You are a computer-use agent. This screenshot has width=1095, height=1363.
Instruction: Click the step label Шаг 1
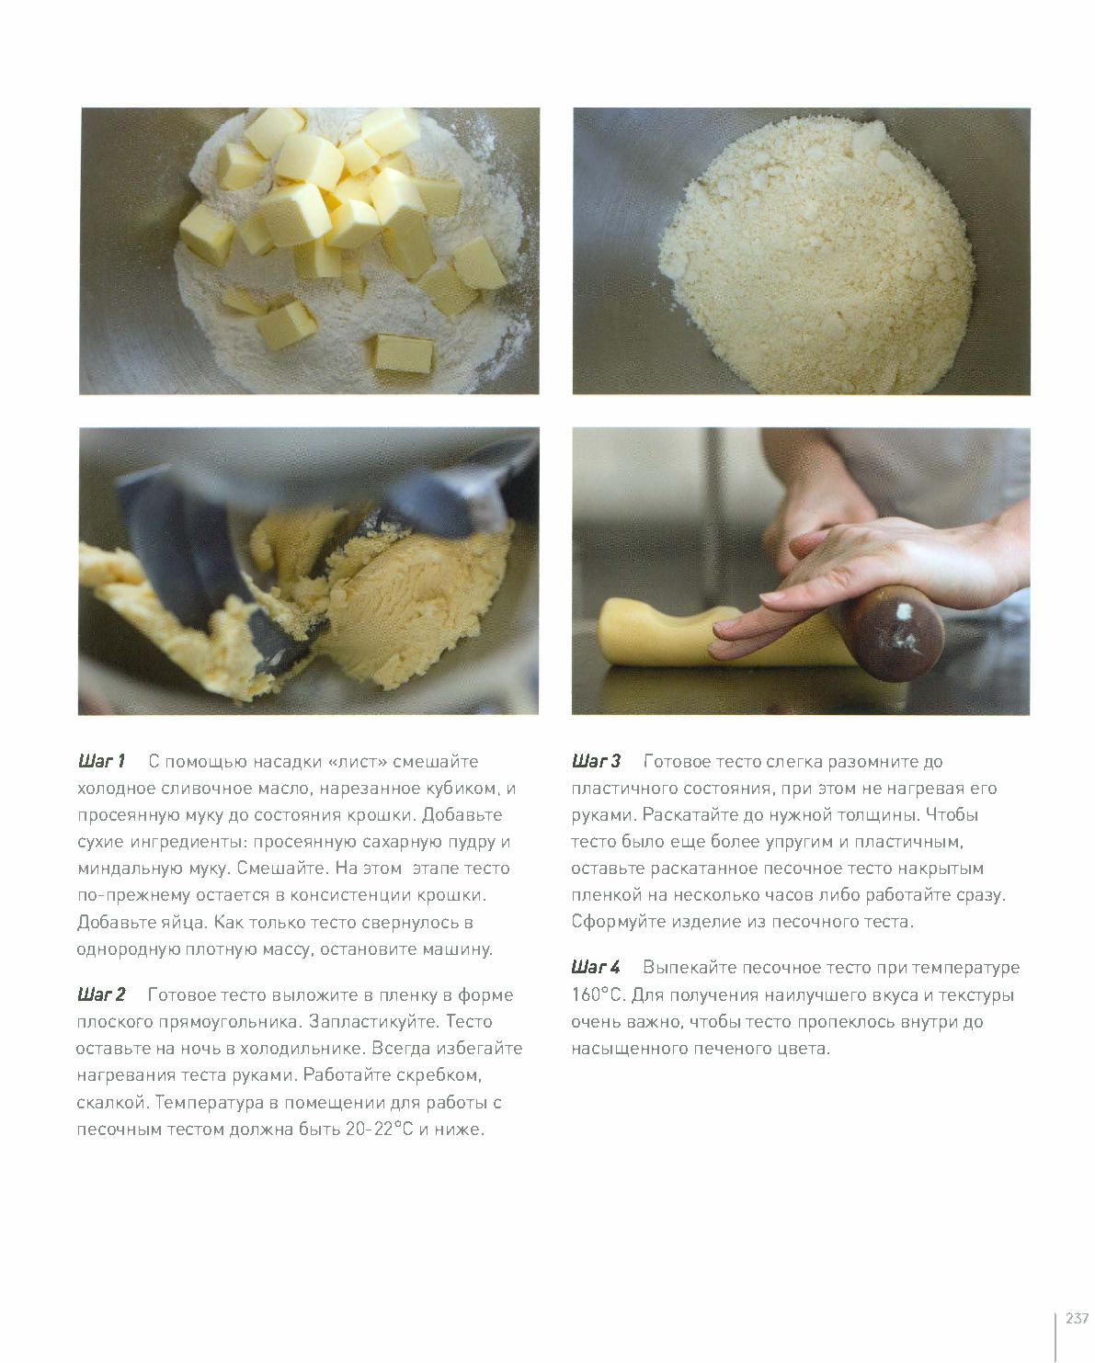101,761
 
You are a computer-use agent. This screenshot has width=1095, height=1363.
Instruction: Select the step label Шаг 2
101,994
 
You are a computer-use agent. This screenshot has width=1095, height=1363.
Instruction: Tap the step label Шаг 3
596,761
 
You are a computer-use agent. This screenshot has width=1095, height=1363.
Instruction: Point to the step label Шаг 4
596,967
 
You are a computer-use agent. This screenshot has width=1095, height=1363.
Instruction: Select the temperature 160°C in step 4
598,995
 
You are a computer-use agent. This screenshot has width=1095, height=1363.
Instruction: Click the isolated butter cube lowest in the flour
404,353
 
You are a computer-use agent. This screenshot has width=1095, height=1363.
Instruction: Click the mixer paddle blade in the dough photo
209,570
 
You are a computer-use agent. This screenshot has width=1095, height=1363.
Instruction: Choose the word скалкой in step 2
112,1102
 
